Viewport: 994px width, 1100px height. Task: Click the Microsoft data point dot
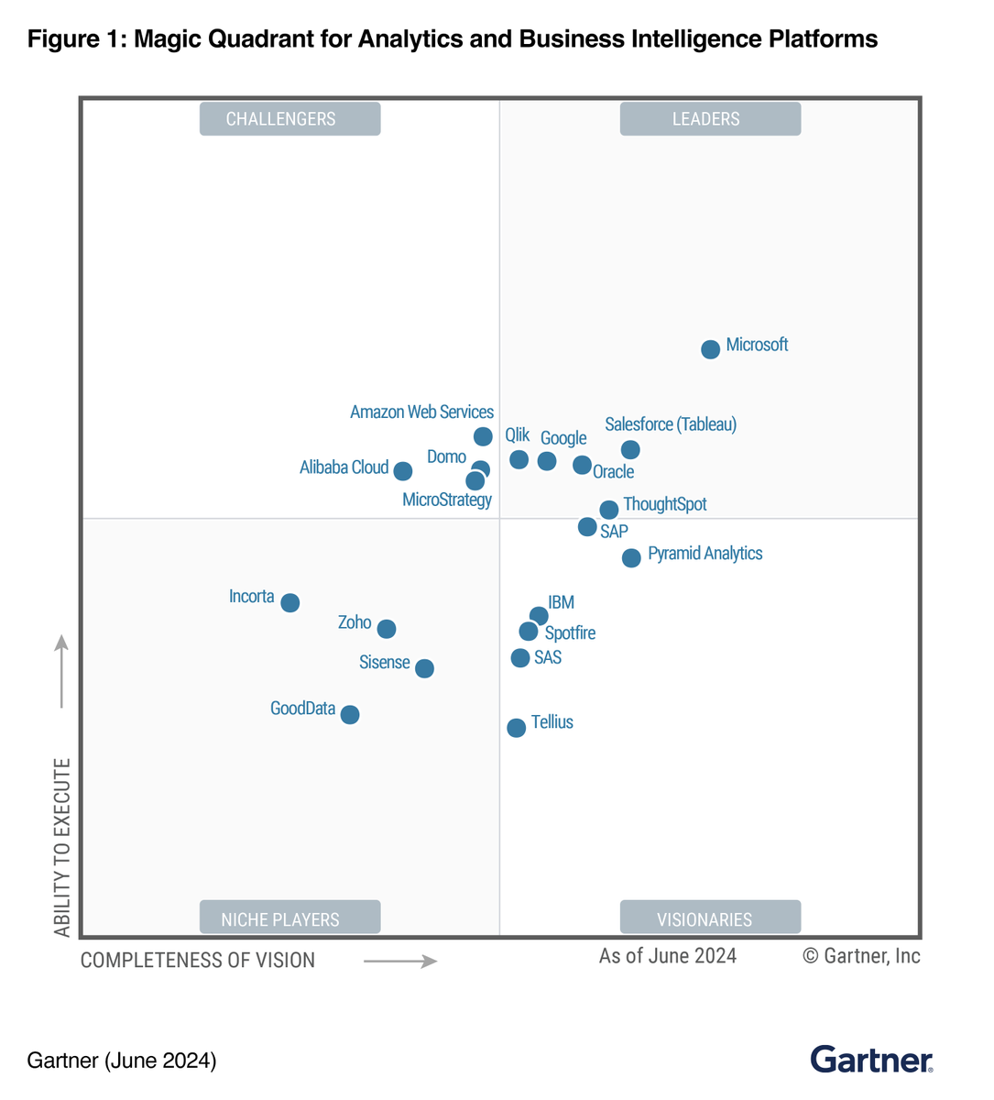pyautogui.click(x=710, y=349)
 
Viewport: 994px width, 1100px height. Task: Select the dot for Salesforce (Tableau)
pyautogui.click(x=630, y=449)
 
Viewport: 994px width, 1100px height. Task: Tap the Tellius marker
pyautogui.click(x=517, y=727)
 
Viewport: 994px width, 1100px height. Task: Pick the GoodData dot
pyautogui.click(x=350, y=714)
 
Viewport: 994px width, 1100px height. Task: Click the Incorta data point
pyautogui.click(x=290, y=602)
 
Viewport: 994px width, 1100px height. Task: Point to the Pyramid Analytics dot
pyautogui.click(x=631, y=557)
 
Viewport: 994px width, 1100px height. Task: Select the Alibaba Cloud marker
pyautogui.click(x=403, y=470)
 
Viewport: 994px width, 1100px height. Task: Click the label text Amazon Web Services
pyautogui.click(x=421, y=412)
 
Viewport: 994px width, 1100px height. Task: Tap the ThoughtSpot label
pyautogui.click(x=664, y=504)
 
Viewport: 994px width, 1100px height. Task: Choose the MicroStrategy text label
pyautogui.click(x=447, y=500)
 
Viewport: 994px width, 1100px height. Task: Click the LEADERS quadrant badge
pyautogui.click(x=710, y=119)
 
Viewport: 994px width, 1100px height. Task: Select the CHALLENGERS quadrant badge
pyautogui.click(x=289, y=119)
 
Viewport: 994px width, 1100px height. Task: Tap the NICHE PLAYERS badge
pyautogui.click(x=289, y=918)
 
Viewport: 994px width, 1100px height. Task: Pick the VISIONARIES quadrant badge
pyautogui.click(x=710, y=918)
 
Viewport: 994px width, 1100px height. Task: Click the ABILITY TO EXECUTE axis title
pyautogui.click(x=62, y=847)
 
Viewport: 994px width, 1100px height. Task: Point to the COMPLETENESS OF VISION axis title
pyautogui.click(x=198, y=961)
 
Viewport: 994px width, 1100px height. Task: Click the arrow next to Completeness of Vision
pyautogui.click(x=400, y=962)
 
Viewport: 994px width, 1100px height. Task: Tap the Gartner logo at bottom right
pyautogui.click(x=871, y=1060)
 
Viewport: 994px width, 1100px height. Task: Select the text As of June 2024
pyautogui.click(x=668, y=956)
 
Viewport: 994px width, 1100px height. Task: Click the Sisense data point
pyautogui.click(x=424, y=668)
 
